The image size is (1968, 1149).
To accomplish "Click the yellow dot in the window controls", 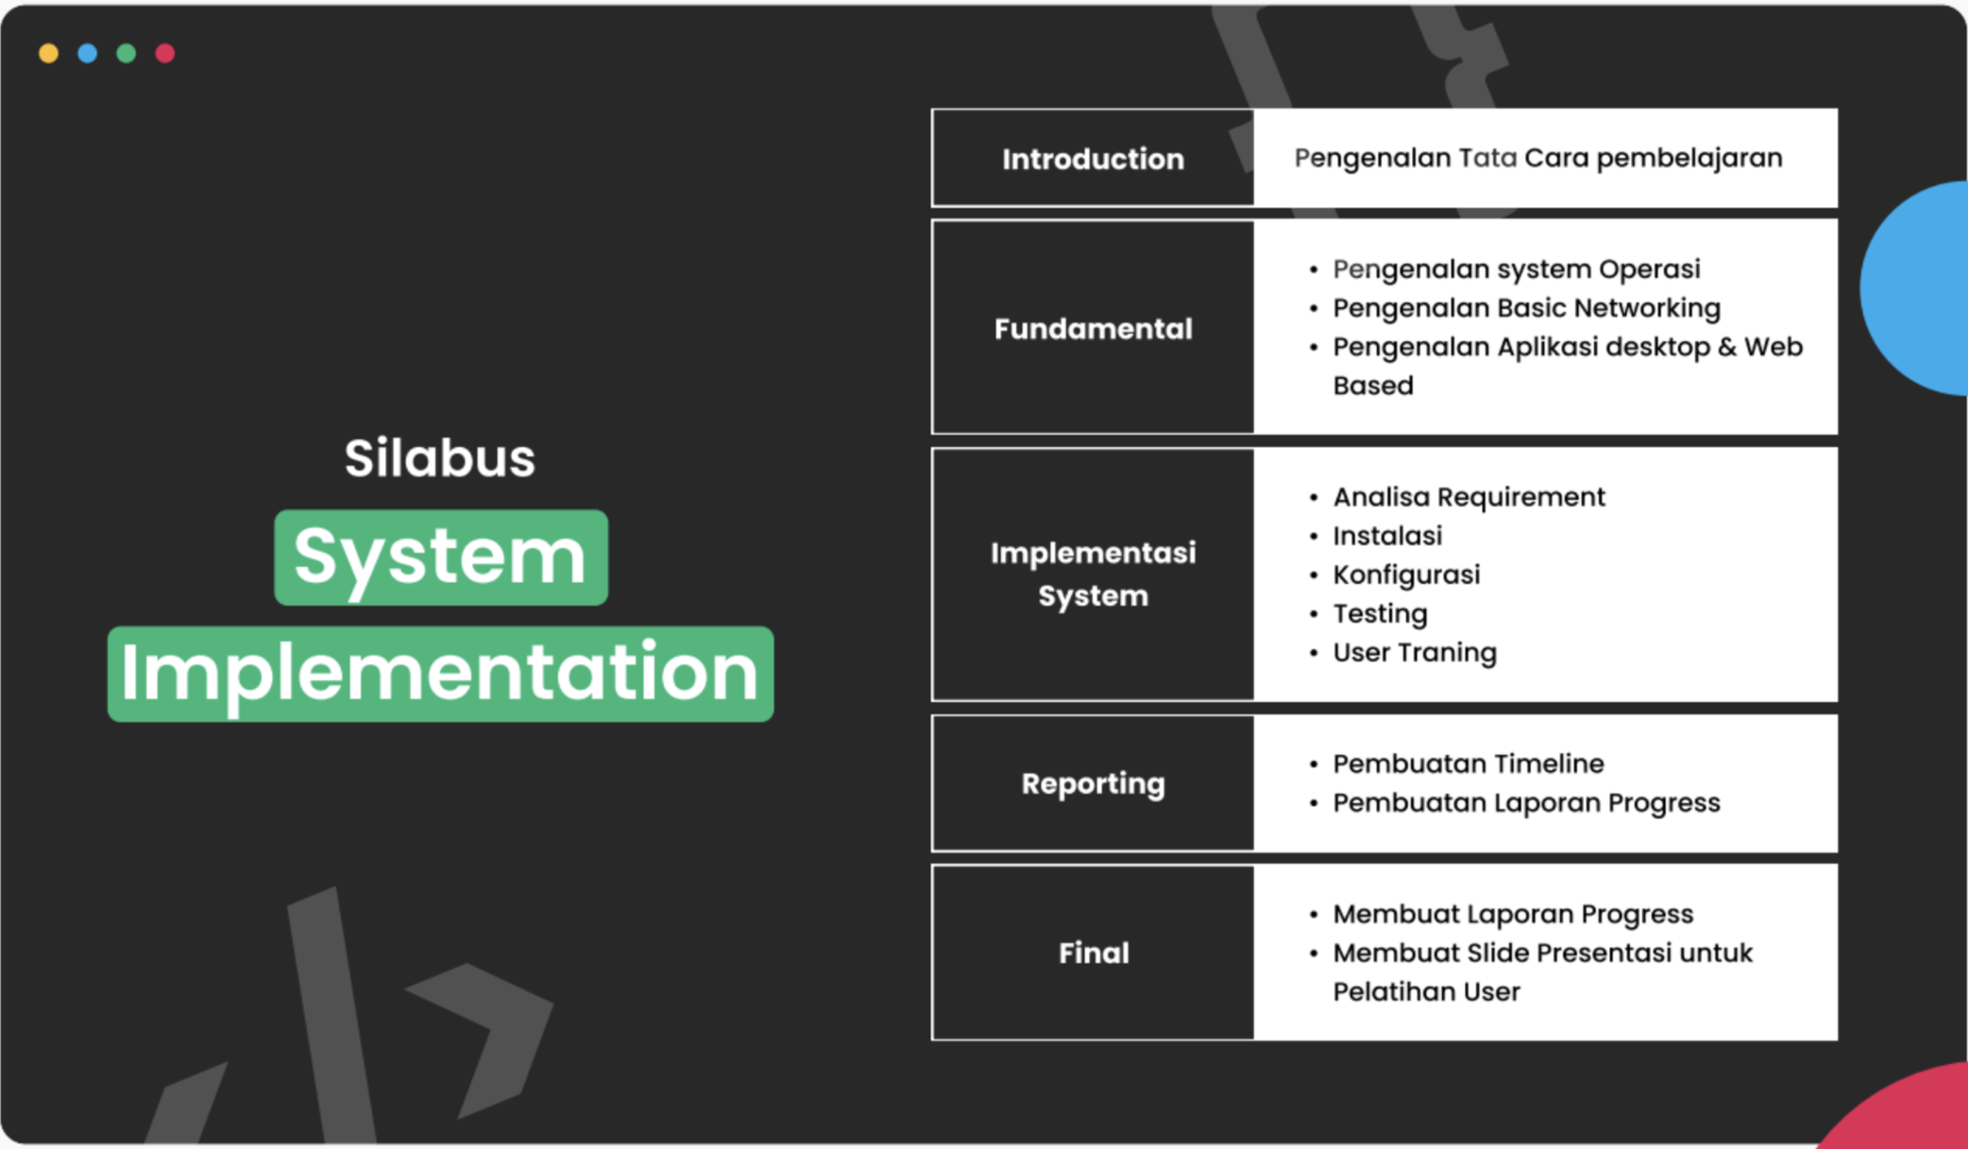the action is (48, 54).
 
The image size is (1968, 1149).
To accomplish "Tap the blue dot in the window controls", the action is (87, 54).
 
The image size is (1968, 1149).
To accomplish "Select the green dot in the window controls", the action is (126, 54).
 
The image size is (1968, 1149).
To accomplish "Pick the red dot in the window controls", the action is (164, 54).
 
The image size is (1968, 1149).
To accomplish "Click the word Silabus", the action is (439, 458).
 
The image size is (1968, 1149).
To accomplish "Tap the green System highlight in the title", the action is (441, 557).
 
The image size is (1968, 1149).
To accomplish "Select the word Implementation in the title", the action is (440, 674).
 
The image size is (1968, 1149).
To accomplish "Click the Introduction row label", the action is (1093, 159).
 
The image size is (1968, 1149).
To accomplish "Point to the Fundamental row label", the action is (1093, 329).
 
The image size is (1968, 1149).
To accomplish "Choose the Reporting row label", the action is (1093, 783).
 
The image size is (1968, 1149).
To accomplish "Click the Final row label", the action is (1093, 952).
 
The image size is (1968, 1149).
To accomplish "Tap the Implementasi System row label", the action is (1093, 574).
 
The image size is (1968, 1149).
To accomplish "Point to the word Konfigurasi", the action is (1406, 574).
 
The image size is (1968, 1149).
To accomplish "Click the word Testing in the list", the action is (1380, 614).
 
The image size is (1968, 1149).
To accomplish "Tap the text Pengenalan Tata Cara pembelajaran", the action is (1537, 158).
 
